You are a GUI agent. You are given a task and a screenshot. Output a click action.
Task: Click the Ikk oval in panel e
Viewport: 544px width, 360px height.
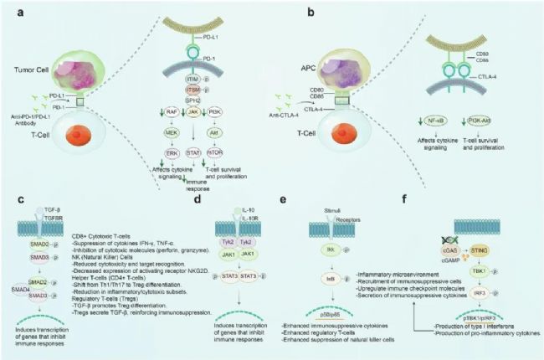[321, 248]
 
